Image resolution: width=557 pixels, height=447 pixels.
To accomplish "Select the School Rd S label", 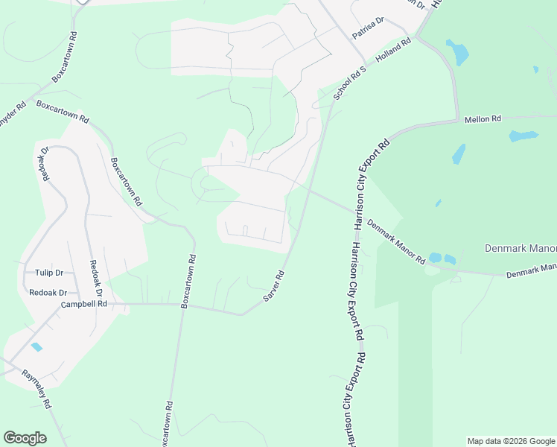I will tap(350, 83).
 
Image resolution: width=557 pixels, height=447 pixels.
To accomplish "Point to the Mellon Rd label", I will tap(483, 119).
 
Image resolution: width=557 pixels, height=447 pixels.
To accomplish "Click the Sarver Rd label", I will tap(274, 286).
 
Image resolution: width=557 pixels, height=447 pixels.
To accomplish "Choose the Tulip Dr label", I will tap(49, 273).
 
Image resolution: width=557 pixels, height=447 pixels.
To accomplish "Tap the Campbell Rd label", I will tap(84, 304).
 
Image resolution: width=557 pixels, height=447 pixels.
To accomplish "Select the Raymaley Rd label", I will tap(35, 389).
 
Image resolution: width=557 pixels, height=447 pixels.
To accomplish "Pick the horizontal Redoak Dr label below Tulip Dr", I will tap(48, 293).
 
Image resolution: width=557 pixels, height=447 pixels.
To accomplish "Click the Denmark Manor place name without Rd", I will tap(520, 248).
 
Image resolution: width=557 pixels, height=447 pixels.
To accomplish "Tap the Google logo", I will tap(25, 438).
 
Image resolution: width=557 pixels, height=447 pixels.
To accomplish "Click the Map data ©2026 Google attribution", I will tap(511, 441).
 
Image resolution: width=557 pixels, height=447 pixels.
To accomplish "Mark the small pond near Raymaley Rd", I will tap(36, 347).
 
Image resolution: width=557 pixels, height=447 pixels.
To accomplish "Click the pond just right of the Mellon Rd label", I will tap(523, 136).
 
